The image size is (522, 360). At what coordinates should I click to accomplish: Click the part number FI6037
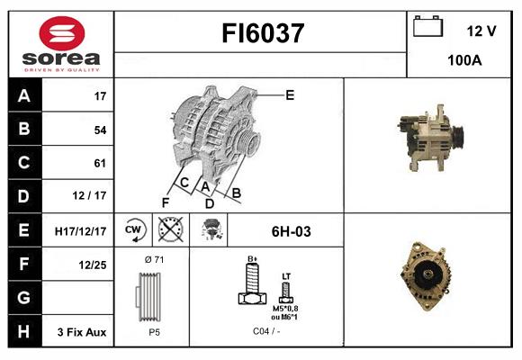[262, 34]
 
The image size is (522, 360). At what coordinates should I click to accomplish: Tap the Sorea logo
[61, 43]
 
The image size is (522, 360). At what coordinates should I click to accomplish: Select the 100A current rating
[464, 61]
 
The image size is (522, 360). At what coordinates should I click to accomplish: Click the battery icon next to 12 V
[427, 29]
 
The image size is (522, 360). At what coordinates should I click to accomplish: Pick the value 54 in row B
[99, 130]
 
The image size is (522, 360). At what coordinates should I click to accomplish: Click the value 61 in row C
[99, 163]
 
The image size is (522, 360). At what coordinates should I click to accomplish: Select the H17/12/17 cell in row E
[81, 231]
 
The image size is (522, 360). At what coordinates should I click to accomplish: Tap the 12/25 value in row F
[94, 265]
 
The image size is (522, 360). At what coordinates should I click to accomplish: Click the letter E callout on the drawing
[290, 94]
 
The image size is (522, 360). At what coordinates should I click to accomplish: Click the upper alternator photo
[431, 135]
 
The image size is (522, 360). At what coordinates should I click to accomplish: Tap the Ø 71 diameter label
[153, 260]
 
